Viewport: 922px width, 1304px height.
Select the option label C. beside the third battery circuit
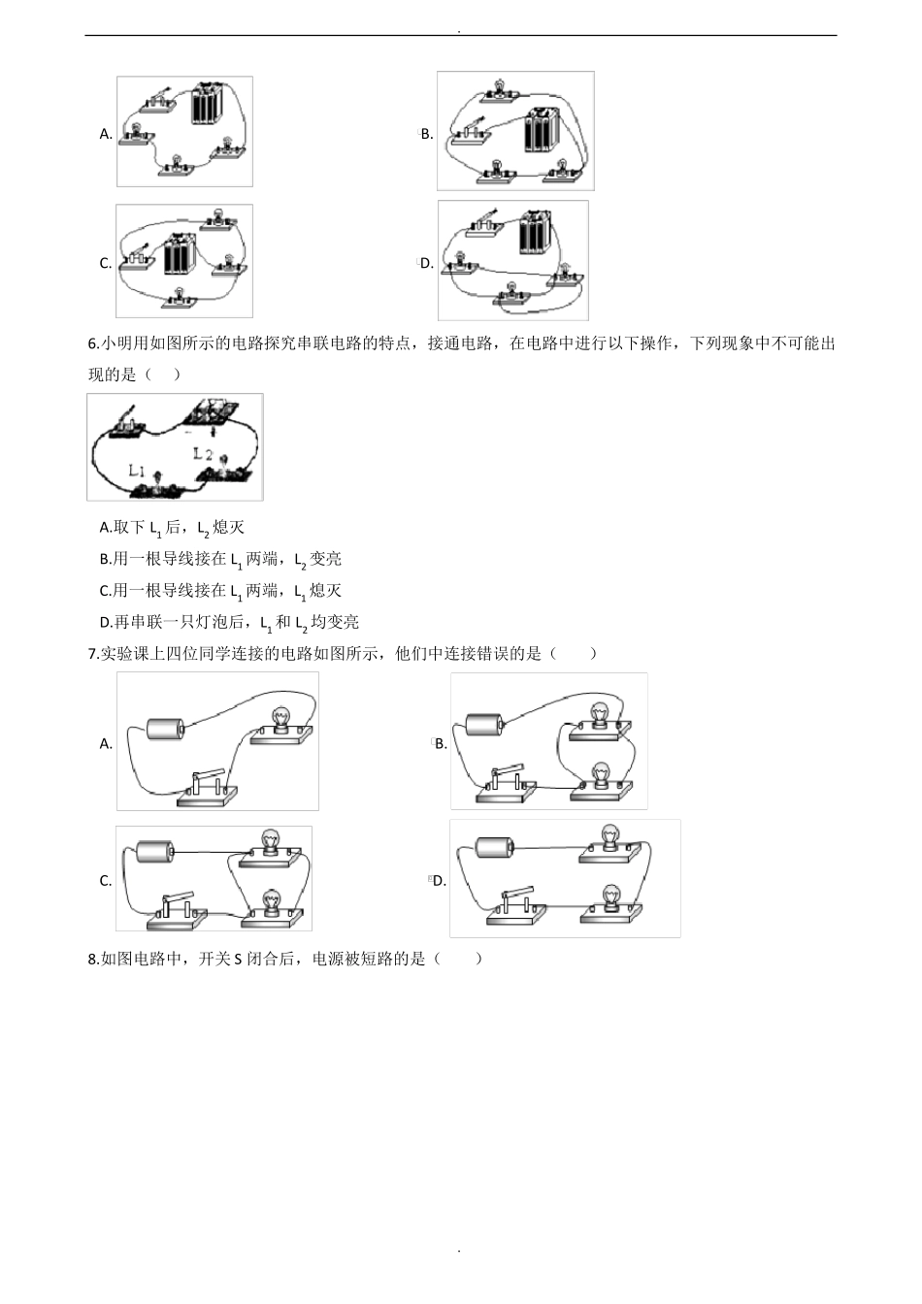(x=106, y=263)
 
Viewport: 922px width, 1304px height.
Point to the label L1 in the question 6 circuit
(x=138, y=471)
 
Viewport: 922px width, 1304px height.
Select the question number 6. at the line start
(x=93, y=343)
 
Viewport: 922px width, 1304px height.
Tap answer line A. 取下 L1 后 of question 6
(x=172, y=528)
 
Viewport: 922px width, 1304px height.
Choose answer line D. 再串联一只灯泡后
(x=229, y=622)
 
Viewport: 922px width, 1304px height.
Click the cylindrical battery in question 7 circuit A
(x=165, y=729)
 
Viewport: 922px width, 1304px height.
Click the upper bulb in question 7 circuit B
(x=600, y=715)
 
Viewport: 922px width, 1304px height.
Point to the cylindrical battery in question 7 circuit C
(x=154, y=852)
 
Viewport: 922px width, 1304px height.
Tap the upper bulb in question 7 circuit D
(x=609, y=836)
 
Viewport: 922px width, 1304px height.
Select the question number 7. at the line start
(x=93, y=654)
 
